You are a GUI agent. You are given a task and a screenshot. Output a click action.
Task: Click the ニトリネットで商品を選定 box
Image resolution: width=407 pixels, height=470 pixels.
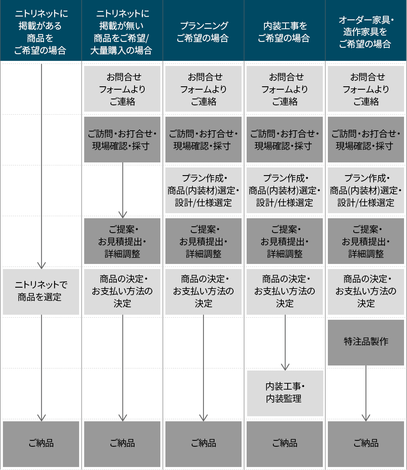click(41, 291)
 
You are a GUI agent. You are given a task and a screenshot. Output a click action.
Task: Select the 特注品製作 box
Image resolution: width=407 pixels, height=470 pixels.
click(366, 343)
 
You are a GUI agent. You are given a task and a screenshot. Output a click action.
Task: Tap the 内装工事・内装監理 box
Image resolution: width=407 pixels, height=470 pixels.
click(285, 393)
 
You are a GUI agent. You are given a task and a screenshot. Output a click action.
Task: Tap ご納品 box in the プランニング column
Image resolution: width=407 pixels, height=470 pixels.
click(203, 444)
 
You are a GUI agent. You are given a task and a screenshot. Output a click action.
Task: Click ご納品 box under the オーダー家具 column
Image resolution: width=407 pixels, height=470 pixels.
click(366, 444)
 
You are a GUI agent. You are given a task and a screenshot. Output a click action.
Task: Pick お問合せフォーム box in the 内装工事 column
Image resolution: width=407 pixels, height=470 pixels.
click(285, 89)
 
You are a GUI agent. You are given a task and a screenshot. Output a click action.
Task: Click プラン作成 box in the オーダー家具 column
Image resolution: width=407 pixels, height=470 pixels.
click(366, 190)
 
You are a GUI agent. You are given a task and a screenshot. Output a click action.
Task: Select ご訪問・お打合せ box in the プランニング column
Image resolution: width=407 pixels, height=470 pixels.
click(203, 139)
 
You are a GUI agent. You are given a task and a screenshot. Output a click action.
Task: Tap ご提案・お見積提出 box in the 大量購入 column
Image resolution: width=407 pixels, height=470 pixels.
click(122, 241)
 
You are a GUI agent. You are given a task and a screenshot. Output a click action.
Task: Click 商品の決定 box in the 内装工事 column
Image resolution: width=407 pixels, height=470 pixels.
click(285, 291)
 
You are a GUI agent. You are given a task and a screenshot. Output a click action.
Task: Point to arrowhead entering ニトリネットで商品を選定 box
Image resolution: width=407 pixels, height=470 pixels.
click(41, 266)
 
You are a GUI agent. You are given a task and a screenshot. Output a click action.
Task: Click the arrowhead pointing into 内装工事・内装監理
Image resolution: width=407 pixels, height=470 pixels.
click(285, 367)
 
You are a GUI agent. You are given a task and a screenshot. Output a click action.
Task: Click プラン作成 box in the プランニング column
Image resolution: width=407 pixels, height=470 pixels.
click(203, 190)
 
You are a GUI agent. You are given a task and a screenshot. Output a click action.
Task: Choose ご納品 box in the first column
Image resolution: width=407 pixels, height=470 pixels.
click(41, 444)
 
